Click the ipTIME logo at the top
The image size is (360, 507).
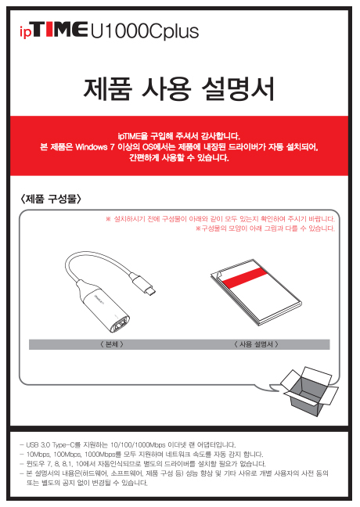click(53, 30)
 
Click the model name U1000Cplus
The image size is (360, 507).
click(144, 31)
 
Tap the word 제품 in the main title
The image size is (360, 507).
click(108, 88)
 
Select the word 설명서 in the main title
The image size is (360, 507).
click(239, 88)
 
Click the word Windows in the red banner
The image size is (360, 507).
click(92, 147)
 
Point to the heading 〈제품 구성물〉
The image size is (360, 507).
click(50, 199)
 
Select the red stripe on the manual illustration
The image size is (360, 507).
click(244, 278)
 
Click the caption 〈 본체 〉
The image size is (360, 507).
click(112, 344)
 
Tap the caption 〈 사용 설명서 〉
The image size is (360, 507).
click(256, 344)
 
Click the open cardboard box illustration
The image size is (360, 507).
click(309, 391)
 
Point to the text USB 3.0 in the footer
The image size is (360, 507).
click(38, 445)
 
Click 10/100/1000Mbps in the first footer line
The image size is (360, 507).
click(138, 445)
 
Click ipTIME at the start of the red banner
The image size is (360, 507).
click(129, 136)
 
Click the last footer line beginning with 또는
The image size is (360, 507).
click(87, 483)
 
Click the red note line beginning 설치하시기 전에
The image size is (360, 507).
click(220, 219)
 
